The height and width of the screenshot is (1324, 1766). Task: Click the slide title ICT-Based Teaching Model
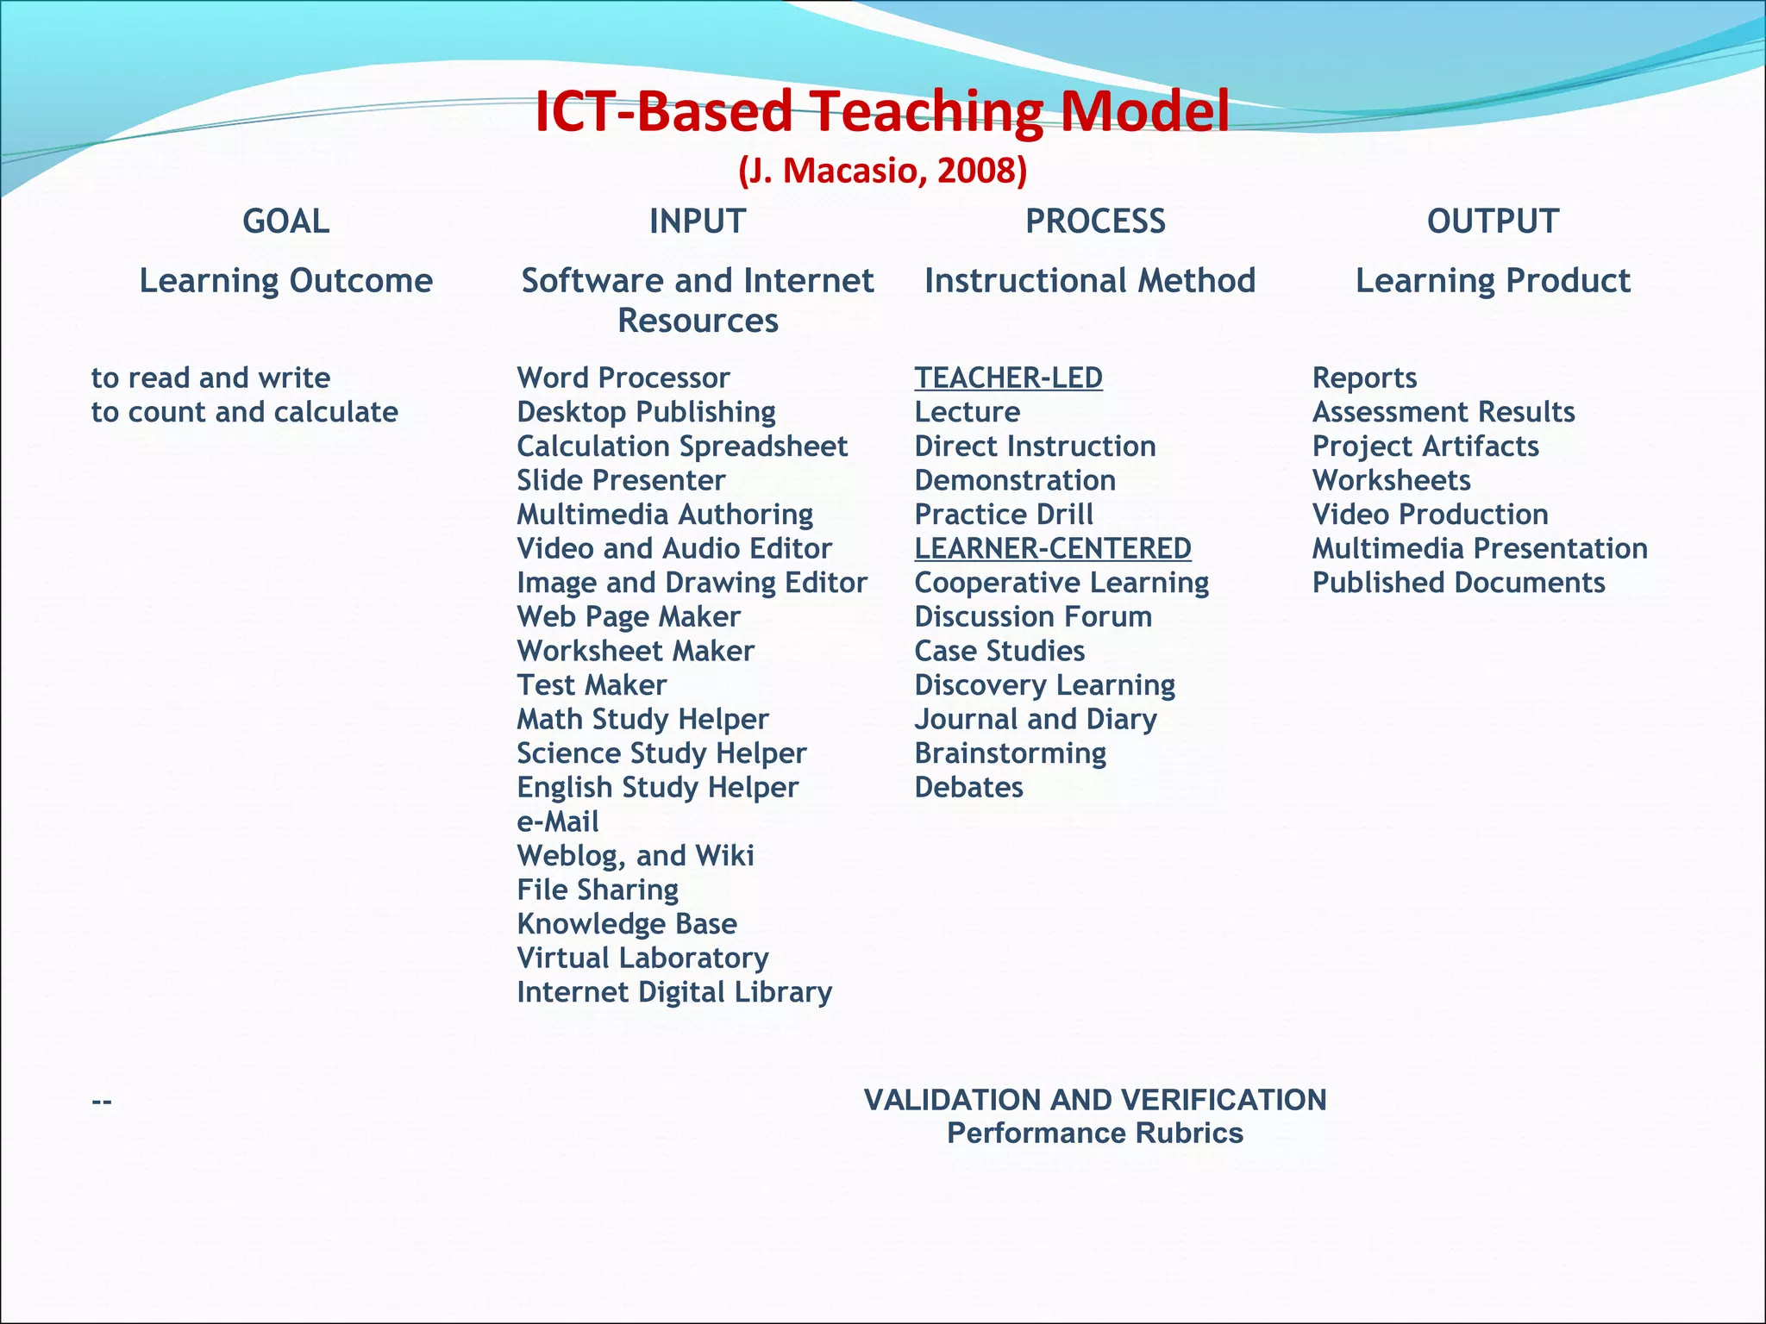[881, 112]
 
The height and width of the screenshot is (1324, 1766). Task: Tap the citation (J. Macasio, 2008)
[882, 172]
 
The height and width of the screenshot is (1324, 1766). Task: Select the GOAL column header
[285, 222]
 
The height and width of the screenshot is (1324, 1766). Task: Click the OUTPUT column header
[1493, 222]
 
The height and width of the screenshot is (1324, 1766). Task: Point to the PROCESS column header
[1095, 222]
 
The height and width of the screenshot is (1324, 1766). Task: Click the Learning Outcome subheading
[285, 281]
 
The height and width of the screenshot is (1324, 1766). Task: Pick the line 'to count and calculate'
[244, 412]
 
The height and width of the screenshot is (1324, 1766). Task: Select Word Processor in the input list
[623, 378]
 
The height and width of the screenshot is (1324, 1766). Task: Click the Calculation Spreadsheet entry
[682, 447]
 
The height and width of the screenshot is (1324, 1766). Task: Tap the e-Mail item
[557, 821]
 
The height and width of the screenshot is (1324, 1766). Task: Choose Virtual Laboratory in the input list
[642, 958]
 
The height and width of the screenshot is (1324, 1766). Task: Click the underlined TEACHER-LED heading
[1008, 378]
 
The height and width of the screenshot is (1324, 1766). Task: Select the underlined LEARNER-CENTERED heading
[1052, 548]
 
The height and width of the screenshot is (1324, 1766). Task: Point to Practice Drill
[1004, 515]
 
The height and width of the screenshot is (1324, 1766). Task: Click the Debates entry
[968, 787]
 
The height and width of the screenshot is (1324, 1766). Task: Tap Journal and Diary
[1035, 719]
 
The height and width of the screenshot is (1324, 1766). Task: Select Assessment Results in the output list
[1443, 412]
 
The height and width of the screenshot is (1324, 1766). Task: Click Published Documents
[1458, 583]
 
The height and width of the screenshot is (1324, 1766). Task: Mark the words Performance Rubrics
[1094, 1133]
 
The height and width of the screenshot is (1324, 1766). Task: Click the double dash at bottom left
[102, 1102]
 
